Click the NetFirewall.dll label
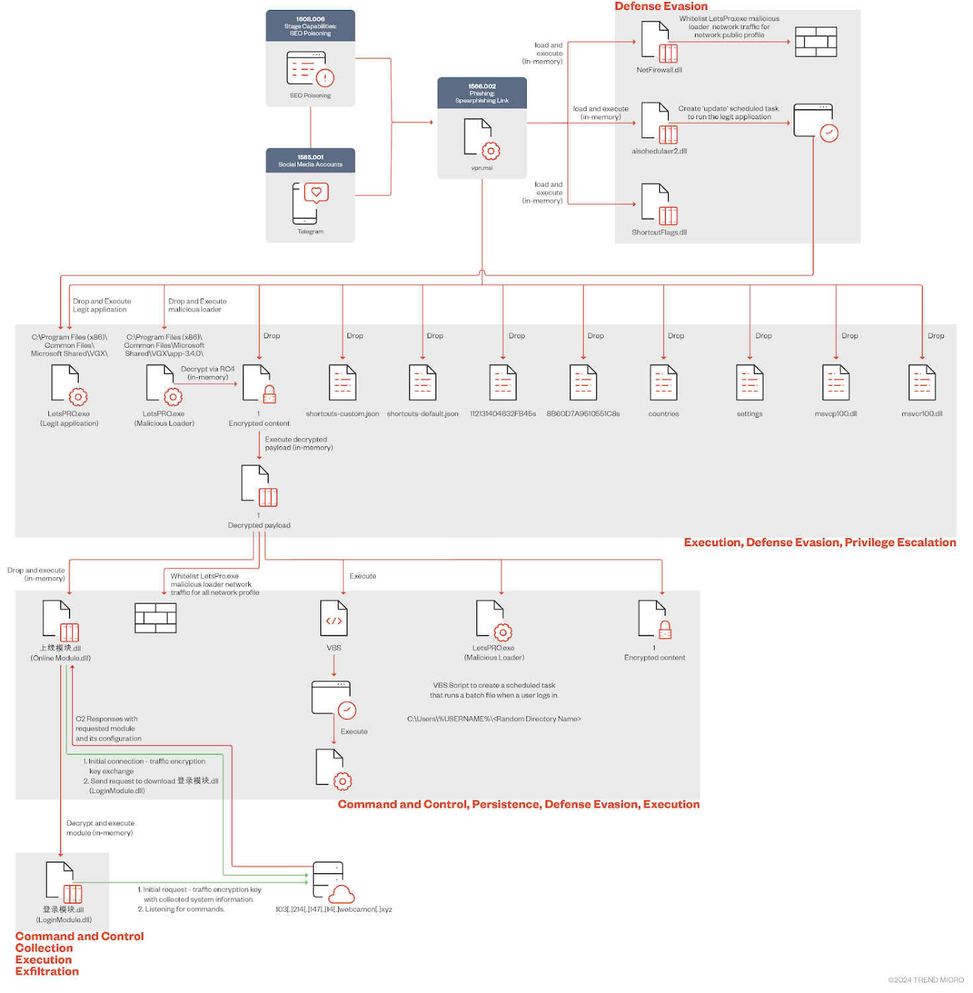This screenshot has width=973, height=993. (x=659, y=70)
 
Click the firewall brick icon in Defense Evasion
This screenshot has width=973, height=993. (x=815, y=42)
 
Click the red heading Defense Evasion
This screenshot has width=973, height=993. (x=661, y=7)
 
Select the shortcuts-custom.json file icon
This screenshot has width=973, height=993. (x=342, y=383)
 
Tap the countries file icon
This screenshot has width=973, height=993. (x=663, y=383)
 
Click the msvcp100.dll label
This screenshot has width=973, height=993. (x=835, y=414)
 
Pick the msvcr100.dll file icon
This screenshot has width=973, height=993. (x=921, y=383)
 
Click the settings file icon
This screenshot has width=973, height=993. (x=749, y=383)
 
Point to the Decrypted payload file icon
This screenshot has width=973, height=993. (x=259, y=485)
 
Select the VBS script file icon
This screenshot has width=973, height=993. (x=334, y=618)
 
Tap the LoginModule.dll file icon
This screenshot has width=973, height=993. (x=64, y=882)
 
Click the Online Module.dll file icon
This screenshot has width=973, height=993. (x=60, y=620)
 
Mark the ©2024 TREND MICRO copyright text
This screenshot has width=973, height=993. (x=925, y=980)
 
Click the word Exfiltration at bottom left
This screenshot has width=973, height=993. (x=47, y=971)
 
